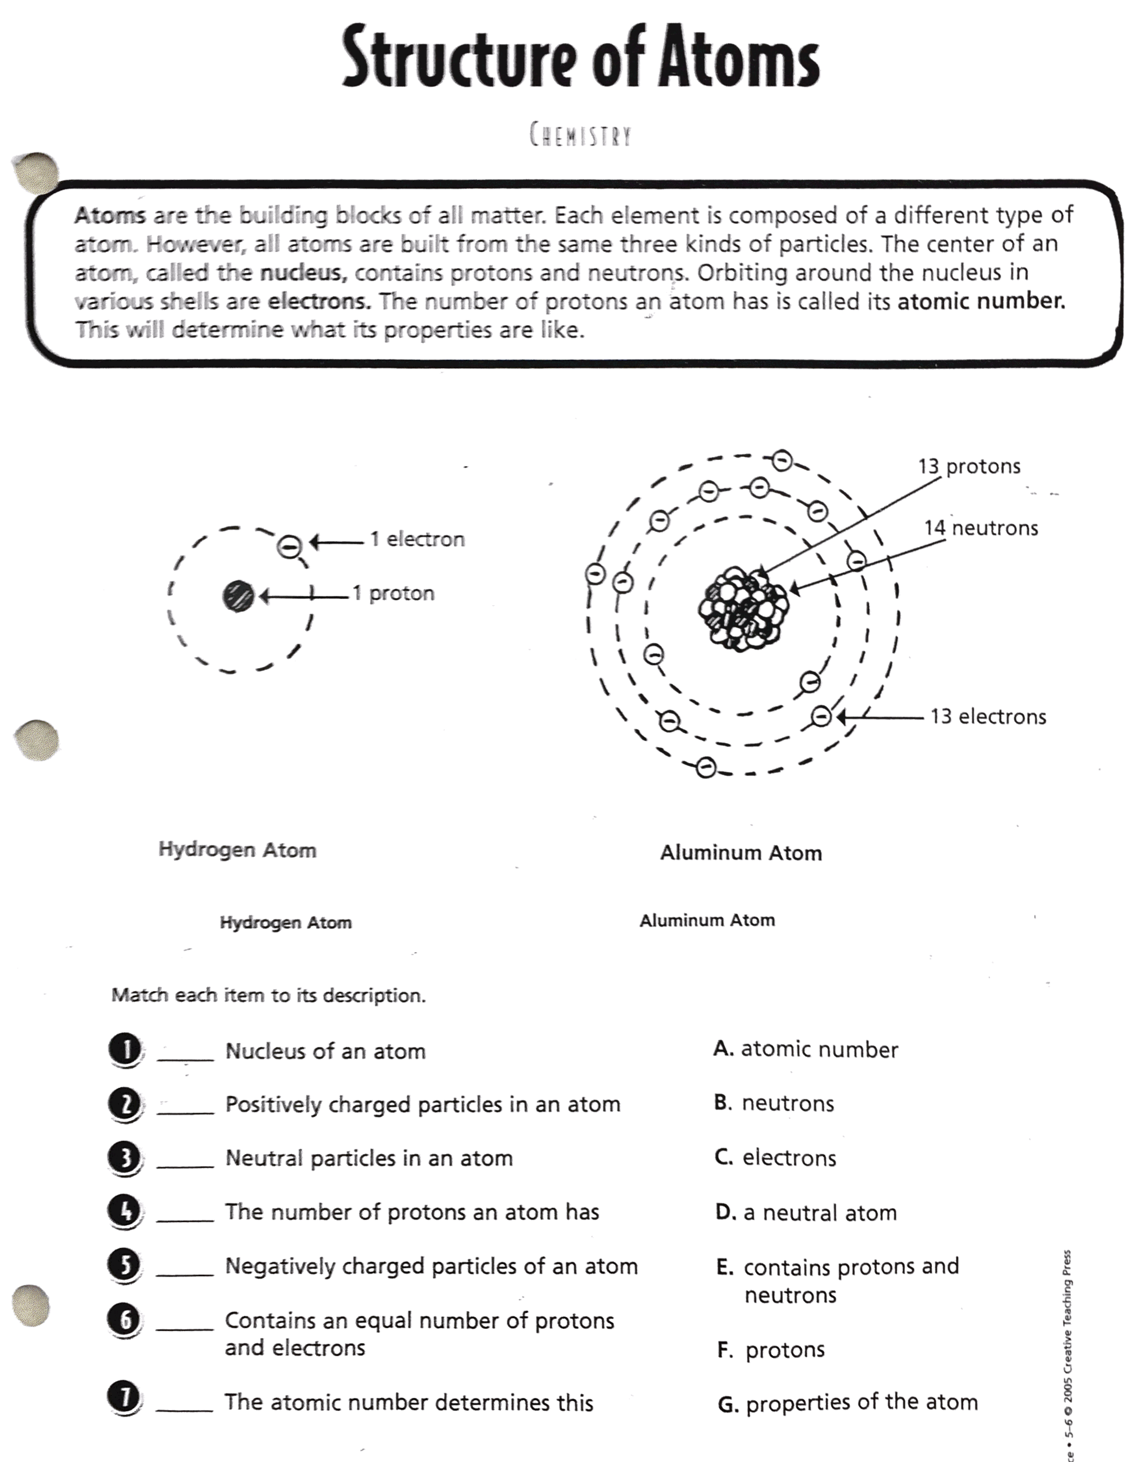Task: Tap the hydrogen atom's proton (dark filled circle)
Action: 238,596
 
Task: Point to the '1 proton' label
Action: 394,593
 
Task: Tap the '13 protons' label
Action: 969,466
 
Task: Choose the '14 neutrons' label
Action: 981,528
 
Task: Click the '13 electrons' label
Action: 988,716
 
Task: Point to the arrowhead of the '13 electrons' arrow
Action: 840,716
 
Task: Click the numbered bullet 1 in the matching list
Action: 125,1050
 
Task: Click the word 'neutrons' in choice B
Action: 788,1103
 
